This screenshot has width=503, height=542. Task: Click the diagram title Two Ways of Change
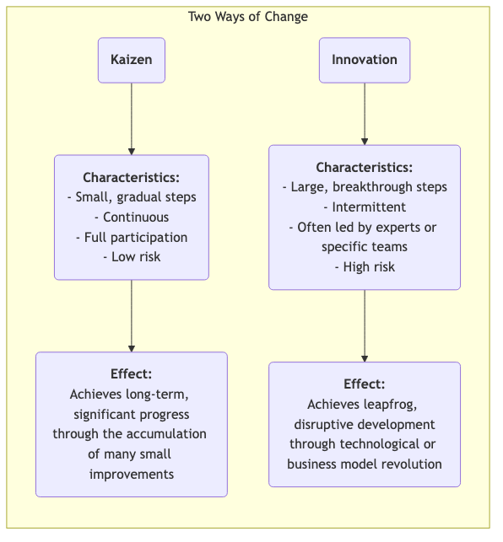(247, 17)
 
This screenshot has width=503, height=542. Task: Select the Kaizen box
(131, 60)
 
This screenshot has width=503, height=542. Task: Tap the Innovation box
(365, 60)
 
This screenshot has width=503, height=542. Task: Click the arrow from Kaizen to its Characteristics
(131, 118)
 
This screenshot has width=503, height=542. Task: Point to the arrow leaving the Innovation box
(365, 113)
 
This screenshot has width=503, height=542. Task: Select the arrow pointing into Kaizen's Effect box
(131, 316)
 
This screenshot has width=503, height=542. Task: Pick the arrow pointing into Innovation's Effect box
(365, 325)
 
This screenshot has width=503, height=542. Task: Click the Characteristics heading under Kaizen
(131, 178)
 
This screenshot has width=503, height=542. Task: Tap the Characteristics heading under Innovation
(365, 168)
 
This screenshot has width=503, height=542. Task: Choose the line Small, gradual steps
(131, 197)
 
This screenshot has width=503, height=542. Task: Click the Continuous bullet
(131, 217)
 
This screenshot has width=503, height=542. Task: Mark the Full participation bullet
(131, 237)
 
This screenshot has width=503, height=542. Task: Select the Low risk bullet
(131, 256)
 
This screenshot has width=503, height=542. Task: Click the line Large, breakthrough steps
(365, 187)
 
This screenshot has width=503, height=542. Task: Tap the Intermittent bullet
(365, 207)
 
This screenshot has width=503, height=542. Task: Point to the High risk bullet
(365, 267)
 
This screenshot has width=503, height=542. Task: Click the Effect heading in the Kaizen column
(131, 374)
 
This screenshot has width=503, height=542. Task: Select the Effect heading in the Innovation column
(365, 384)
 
